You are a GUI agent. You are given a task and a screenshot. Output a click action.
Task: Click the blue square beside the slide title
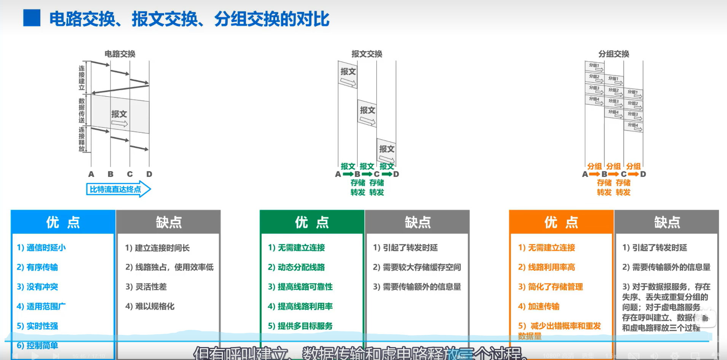tap(32, 18)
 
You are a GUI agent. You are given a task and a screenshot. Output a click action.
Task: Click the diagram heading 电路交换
tap(120, 54)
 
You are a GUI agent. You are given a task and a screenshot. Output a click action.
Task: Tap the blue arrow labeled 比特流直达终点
tap(118, 189)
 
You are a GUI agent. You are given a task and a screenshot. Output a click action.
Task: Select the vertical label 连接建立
tap(81, 78)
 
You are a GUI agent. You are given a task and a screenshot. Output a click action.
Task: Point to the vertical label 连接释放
tap(81, 139)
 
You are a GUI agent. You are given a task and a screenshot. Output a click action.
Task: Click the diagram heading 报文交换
tap(367, 54)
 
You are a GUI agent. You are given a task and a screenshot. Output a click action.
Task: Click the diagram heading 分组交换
tap(614, 54)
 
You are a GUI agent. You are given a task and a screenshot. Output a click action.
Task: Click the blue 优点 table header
tap(63, 222)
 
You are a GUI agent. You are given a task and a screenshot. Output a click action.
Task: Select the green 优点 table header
tap(312, 222)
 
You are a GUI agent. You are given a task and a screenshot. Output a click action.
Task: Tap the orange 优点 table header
tap(561, 222)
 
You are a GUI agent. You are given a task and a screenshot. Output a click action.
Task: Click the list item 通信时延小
tap(41, 248)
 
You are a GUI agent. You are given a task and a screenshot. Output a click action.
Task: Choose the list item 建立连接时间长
tap(158, 248)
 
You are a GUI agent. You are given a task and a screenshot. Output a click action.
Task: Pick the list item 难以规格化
tap(150, 306)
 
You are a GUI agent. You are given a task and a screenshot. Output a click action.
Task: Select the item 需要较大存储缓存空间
tap(417, 268)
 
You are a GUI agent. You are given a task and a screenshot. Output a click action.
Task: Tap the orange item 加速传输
tap(539, 306)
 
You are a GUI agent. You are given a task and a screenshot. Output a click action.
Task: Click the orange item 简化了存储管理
tap(550, 287)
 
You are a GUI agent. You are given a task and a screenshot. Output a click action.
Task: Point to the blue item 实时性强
tap(37, 326)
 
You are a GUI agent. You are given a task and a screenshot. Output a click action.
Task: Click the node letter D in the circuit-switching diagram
tap(149, 174)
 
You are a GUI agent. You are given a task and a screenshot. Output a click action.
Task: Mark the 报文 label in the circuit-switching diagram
tap(119, 114)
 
